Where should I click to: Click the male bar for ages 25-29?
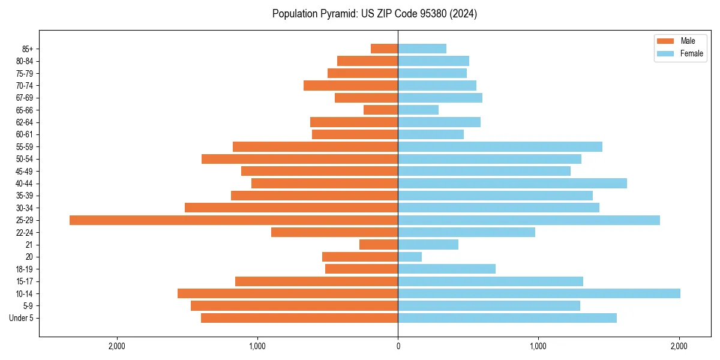point(234,220)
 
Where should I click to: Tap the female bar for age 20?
point(410,257)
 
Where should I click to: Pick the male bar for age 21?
point(379,245)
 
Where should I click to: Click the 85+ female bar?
point(422,49)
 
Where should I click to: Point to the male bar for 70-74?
point(350,85)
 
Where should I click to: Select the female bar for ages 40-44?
point(512,183)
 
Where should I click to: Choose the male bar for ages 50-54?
point(300,159)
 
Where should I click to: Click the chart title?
point(374,14)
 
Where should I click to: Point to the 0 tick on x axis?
point(398,346)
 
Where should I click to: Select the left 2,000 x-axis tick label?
point(116,346)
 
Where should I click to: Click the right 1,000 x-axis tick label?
point(538,346)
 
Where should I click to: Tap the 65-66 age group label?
point(25,110)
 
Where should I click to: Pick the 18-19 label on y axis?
point(25,269)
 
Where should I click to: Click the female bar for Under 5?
point(507,318)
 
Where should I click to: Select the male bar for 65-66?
point(380,110)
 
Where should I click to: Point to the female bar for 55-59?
point(500,146)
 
